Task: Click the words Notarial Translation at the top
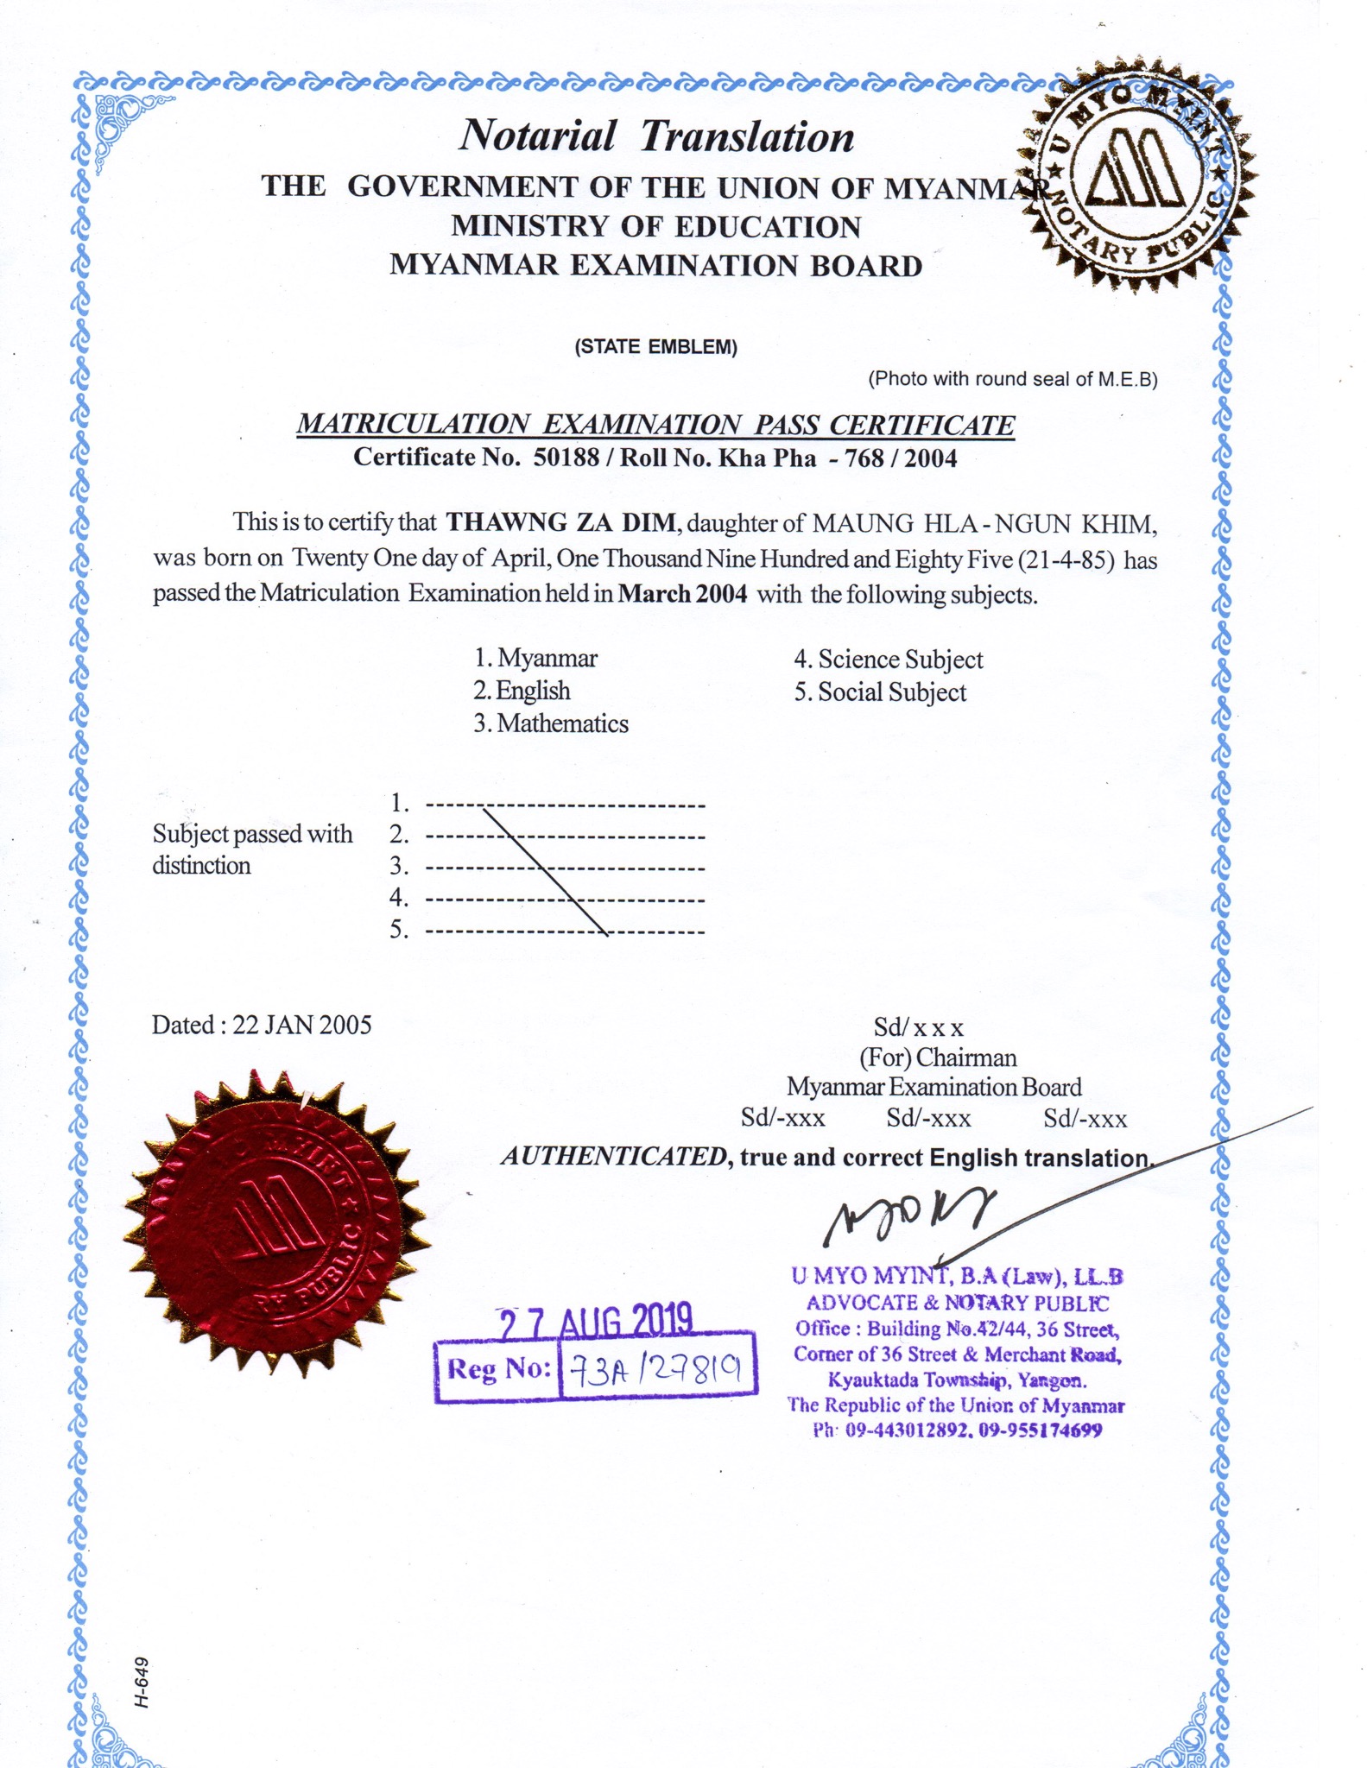656,136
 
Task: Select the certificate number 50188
566,458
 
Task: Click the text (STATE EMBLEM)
655,348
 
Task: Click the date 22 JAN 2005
302,1025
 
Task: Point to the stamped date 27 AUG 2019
597,1322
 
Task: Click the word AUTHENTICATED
614,1157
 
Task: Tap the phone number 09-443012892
907,1430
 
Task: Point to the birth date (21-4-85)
1067,559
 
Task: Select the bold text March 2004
682,594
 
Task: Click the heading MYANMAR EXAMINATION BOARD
655,265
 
